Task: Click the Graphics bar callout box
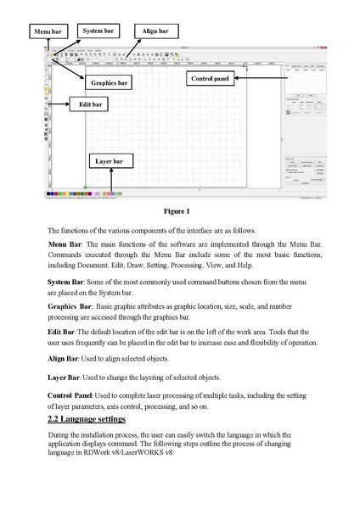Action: coord(111,83)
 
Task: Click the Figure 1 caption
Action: coord(179,210)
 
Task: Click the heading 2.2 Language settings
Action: coord(87,419)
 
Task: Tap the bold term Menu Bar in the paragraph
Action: coord(65,243)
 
